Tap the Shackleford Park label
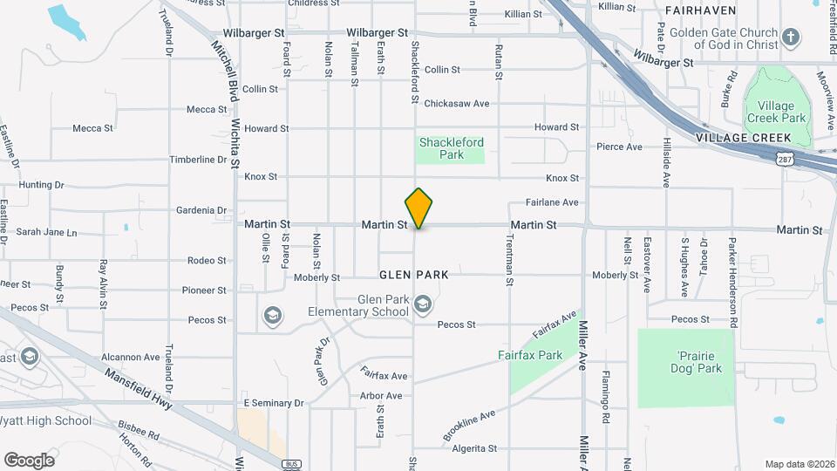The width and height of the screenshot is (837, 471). click(451, 148)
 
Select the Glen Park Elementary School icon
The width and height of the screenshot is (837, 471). click(423, 304)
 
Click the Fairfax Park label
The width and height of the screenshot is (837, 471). click(530, 355)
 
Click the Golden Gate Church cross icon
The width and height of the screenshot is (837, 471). click(790, 38)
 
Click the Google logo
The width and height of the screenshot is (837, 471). click(29, 460)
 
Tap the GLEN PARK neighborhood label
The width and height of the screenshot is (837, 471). click(414, 275)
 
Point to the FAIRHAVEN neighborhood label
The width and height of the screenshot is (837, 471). click(713, 10)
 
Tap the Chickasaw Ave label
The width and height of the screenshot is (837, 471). click(457, 104)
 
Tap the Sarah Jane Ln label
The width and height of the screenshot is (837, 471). click(47, 233)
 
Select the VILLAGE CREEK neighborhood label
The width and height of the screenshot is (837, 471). click(744, 138)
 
